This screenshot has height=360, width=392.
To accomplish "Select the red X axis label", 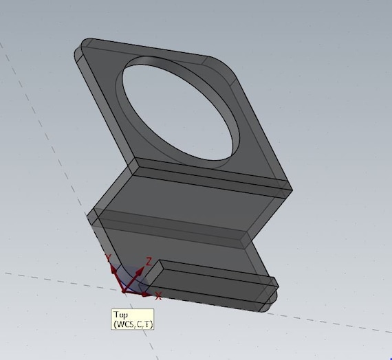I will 159,295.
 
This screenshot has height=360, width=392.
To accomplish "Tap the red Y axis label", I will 108,258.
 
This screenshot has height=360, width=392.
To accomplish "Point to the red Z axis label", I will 149,262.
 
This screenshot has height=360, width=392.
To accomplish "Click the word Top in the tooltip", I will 120,314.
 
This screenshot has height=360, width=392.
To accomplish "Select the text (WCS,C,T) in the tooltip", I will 132,323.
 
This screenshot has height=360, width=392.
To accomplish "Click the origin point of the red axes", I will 124,291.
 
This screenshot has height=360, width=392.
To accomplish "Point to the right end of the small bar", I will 274,289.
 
